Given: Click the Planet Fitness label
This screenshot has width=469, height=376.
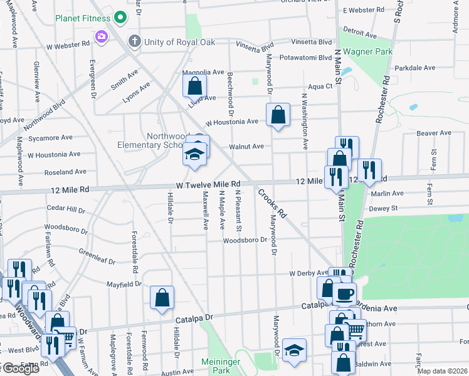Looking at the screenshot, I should pos(82,18).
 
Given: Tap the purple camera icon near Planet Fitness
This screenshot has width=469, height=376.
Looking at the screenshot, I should pos(101,38).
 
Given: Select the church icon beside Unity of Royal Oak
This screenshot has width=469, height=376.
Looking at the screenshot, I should pos(134,42).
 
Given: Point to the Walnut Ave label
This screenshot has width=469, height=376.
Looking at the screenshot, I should pos(246,147).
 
